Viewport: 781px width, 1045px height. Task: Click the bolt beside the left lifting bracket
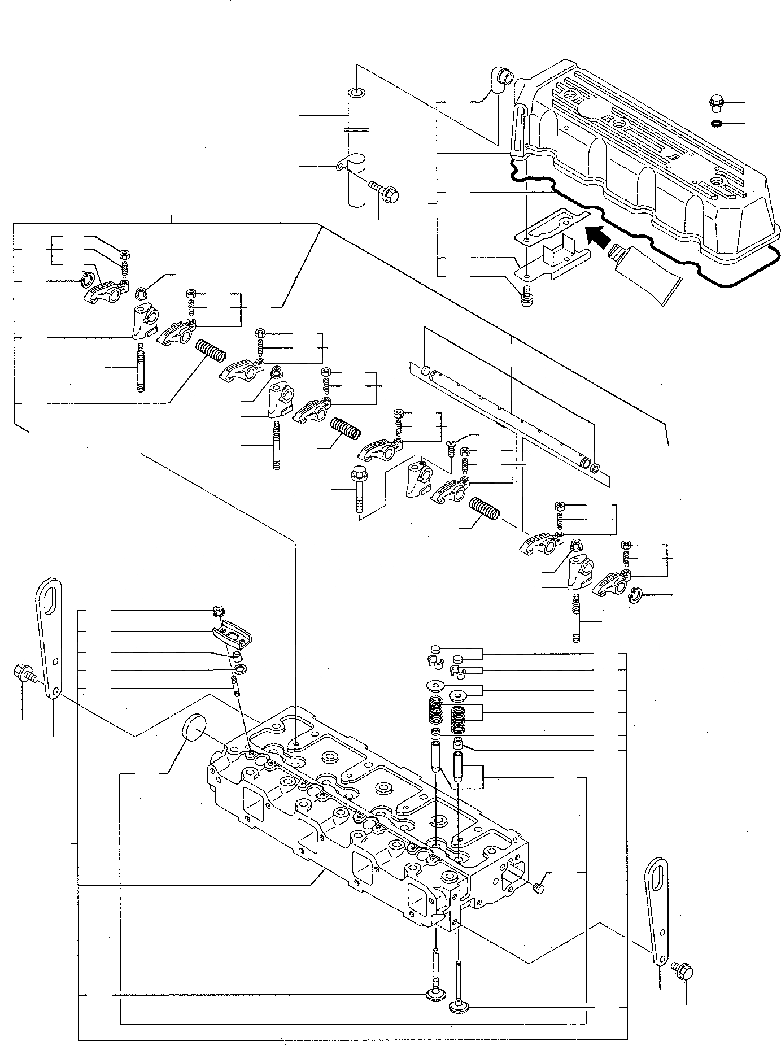click(24, 673)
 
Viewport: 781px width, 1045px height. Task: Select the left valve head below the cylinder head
click(435, 994)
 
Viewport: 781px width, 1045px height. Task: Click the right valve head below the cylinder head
click(459, 1007)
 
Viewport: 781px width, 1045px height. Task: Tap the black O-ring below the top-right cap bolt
click(715, 123)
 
